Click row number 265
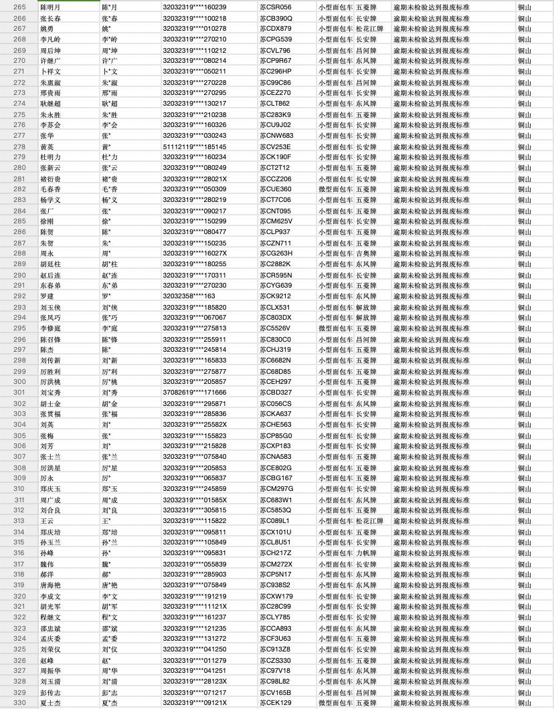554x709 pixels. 19,7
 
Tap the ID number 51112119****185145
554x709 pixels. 195,146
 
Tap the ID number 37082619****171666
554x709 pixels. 195,392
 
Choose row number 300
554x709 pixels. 19,381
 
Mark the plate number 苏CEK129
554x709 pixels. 275,703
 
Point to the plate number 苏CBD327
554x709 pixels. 275,392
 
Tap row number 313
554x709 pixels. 19,521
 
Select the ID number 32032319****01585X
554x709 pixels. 195,500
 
